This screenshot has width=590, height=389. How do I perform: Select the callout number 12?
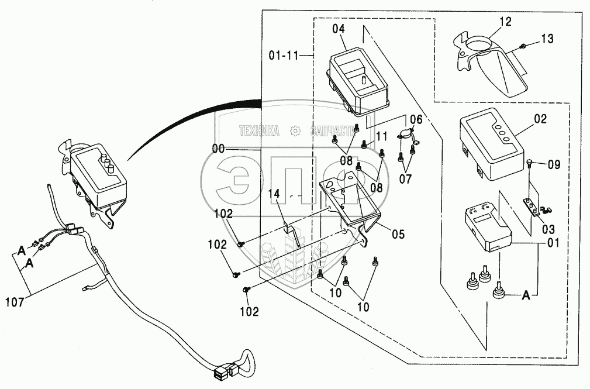pyautogui.click(x=505, y=22)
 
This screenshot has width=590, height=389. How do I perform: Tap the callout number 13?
pyautogui.click(x=547, y=40)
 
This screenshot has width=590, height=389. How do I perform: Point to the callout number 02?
pyautogui.click(x=540, y=119)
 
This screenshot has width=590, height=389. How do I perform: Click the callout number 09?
pyautogui.click(x=553, y=165)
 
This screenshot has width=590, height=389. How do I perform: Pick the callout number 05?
pyautogui.click(x=398, y=235)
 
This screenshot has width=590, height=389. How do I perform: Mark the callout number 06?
pyautogui.click(x=415, y=119)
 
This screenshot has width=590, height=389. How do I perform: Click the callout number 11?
pyautogui.click(x=382, y=136)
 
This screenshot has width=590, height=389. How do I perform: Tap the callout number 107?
pyautogui.click(x=15, y=303)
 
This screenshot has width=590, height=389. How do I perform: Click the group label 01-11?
pyautogui.click(x=284, y=56)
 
